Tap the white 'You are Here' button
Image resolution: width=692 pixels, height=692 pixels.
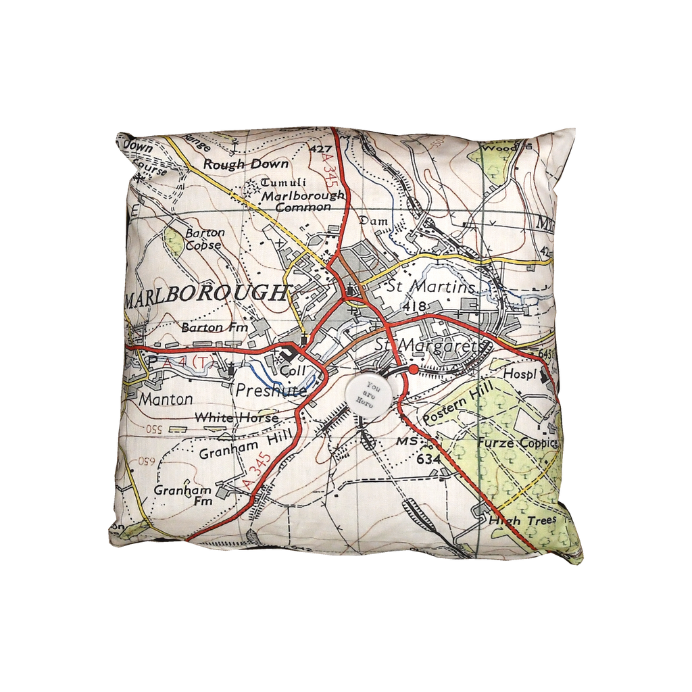pos(368,391)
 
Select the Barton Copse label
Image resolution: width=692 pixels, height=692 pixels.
pos(205,239)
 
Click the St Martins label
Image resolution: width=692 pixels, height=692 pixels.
pos(430,288)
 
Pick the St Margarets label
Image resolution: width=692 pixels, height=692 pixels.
pos(430,345)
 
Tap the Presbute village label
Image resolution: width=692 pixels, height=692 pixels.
pos(272,390)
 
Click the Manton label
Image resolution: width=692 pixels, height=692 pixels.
pos(165,399)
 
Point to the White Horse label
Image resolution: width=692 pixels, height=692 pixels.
pos(236,418)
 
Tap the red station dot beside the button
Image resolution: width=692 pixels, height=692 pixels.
pos(413,370)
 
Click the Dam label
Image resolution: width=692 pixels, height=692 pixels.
pos(372,220)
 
